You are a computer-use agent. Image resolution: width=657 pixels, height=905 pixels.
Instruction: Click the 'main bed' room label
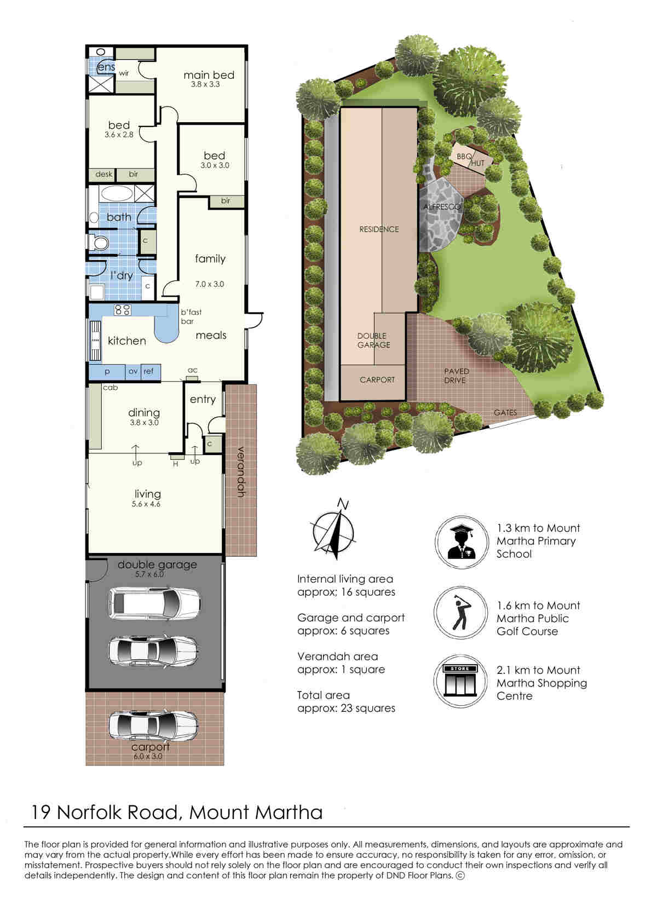click(x=209, y=75)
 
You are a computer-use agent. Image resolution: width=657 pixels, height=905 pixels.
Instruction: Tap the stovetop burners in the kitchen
click(x=123, y=310)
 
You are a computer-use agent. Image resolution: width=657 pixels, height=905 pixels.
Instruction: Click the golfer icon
click(x=461, y=613)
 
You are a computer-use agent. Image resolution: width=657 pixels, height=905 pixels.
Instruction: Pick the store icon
click(x=460, y=681)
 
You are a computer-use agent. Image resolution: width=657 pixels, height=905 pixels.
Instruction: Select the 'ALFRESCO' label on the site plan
click(x=442, y=207)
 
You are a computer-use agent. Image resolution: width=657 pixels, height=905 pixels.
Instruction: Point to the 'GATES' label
click(x=505, y=412)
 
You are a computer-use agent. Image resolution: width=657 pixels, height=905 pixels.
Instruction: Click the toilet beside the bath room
click(x=99, y=243)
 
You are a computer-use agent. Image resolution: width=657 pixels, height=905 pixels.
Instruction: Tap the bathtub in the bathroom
click(x=117, y=193)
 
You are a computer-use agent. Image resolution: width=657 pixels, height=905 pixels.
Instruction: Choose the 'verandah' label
click(x=241, y=471)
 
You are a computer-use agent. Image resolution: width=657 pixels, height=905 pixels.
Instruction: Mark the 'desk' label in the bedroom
click(x=104, y=174)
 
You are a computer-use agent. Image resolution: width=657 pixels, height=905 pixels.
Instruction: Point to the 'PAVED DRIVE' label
click(x=456, y=376)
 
